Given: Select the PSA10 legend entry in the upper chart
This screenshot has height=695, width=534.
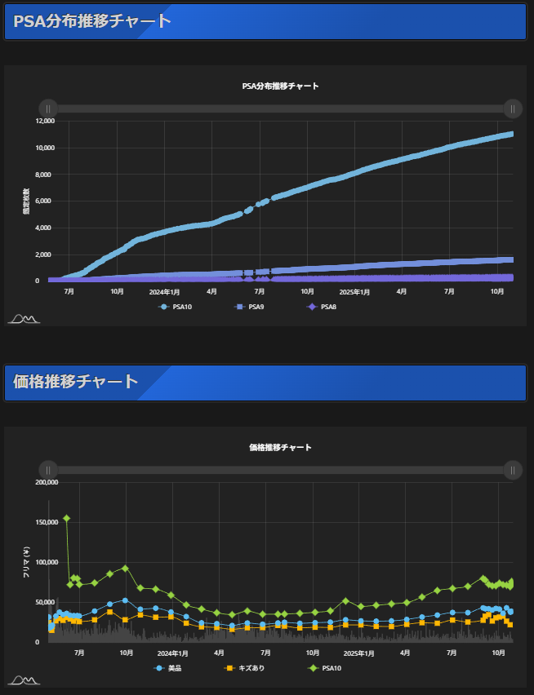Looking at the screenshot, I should coord(175,307).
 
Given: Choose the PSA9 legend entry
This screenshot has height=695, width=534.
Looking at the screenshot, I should coord(250,307).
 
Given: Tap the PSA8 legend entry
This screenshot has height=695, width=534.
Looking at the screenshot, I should coord(322,307).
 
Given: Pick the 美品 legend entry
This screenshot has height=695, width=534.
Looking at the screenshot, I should coord(168,668).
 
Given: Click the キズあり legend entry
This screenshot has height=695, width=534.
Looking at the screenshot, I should coord(245,668).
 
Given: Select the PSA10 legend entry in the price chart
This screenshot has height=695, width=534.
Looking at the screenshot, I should coord(324,668).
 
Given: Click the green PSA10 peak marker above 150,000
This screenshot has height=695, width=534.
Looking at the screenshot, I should coord(66,518).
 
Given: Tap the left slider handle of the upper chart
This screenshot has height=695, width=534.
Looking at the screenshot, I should coord(48,108).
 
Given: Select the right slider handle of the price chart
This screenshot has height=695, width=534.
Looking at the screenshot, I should coord(512,470).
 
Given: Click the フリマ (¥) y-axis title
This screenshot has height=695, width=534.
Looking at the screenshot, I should coord(26,563).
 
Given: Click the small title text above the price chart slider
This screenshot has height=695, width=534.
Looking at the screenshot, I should coord(280,448).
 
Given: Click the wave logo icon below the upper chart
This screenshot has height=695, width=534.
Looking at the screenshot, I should coord(24,318).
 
